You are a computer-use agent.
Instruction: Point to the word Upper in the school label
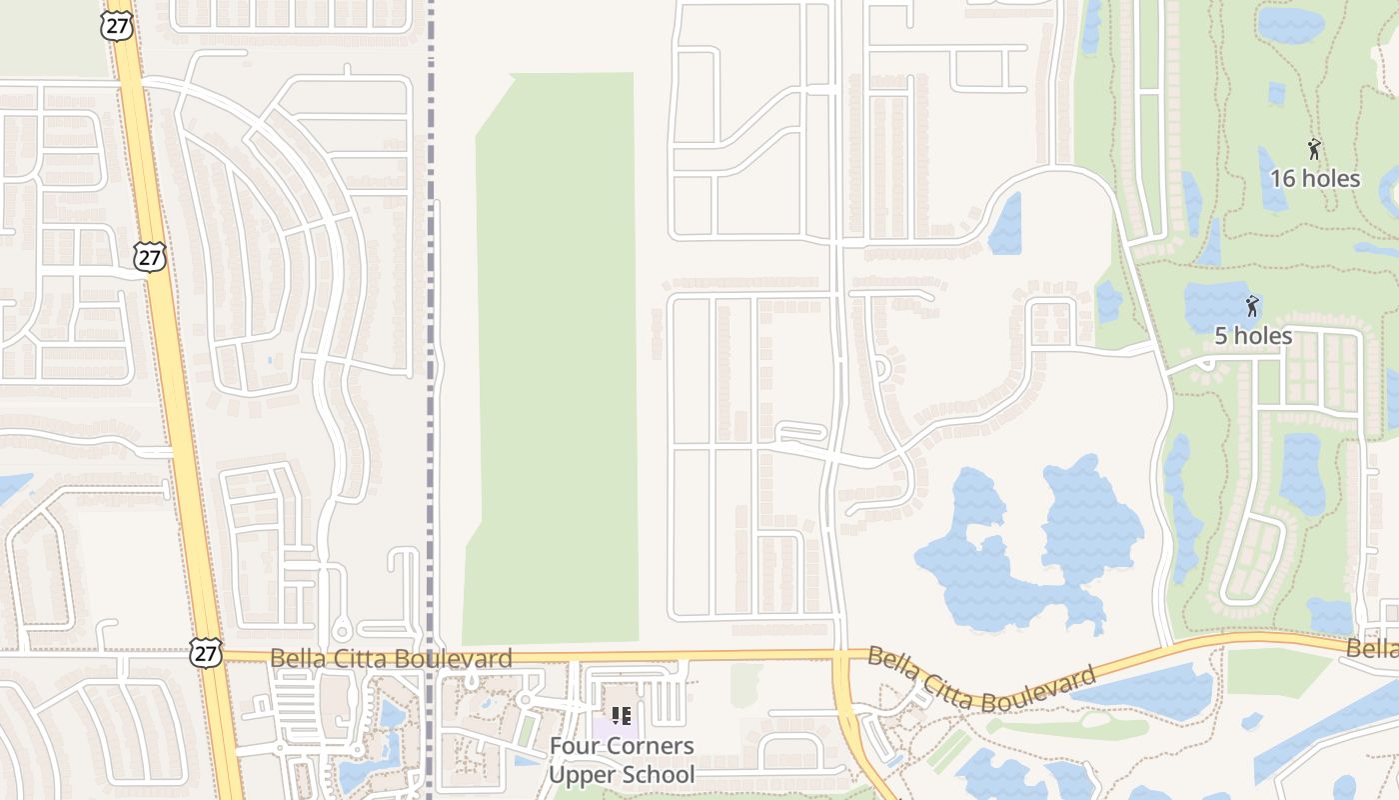(x=580, y=774)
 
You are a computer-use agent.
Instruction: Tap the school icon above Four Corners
(x=622, y=716)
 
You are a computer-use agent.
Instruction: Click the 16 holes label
(x=1315, y=179)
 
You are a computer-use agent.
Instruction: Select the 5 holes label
(x=1253, y=336)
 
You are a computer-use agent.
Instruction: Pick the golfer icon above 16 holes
(x=1314, y=150)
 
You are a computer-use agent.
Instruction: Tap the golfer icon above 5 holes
(x=1252, y=306)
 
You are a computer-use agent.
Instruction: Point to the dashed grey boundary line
(x=431, y=400)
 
